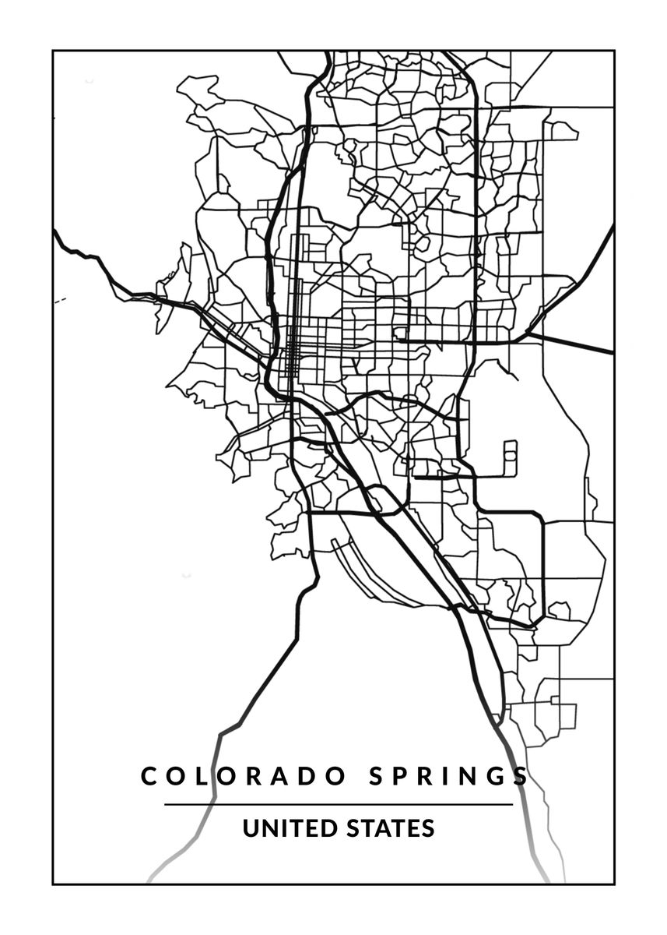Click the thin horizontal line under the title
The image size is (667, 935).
click(x=339, y=804)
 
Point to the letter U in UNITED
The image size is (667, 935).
click(x=251, y=827)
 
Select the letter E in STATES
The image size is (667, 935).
click(x=412, y=827)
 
